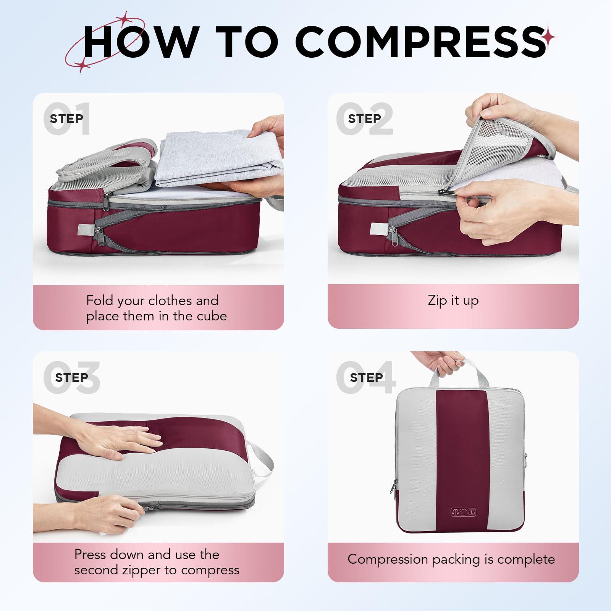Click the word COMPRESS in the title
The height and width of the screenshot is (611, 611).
point(420,42)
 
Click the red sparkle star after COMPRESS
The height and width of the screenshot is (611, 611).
point(551,37)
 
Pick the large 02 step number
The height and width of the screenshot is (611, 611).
point(365,119)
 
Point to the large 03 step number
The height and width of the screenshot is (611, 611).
point(71,377)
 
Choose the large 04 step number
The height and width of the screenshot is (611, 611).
point(366,377)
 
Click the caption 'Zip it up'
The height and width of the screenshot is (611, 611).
point(453,301)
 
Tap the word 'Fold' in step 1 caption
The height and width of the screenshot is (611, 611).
point(100,301)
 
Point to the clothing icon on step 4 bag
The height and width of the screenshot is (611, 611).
point(464,512)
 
